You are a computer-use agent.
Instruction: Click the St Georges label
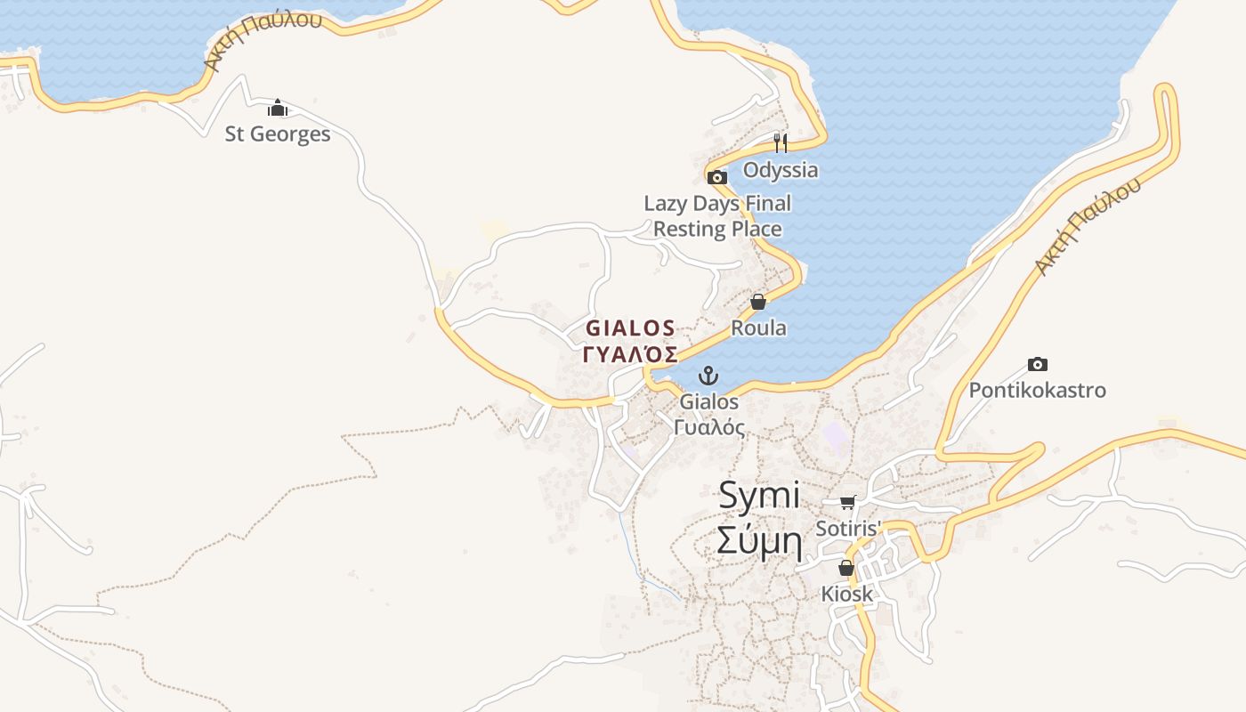(x=278, y=134)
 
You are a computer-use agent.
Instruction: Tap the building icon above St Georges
(x=278, y=109)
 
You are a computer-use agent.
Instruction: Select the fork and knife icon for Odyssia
(x=781, y=143)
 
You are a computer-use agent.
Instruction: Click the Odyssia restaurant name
(x=781, y=170)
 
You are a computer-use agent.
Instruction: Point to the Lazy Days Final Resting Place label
(x=717, y=216)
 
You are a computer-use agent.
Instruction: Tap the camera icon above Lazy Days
(x=717, y=177)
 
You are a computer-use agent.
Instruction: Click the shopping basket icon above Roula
(x=758, y=303)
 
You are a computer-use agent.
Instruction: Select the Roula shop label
(x=758, y=328)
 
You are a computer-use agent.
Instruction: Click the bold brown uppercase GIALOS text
(x=630, y=328)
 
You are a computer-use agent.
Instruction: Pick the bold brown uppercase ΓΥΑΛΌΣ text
(x=630, y=354)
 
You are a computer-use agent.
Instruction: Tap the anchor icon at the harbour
(x=708, y=376)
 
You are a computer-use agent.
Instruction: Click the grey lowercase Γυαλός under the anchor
(x=709, y=427)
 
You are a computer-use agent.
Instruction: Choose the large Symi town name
(x=759, y=496)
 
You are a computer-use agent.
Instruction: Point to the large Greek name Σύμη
(x=759, y=541)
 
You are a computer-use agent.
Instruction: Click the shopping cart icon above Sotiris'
(x=847, y=503)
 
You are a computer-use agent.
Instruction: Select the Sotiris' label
(x=847, y=529)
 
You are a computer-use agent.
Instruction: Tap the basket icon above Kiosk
(x=846, y=568)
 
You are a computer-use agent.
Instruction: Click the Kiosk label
(x=846, y=594)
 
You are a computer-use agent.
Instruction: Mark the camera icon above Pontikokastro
(x=1037, y=364)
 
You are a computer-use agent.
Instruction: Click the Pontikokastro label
(x=1037, y=391)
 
